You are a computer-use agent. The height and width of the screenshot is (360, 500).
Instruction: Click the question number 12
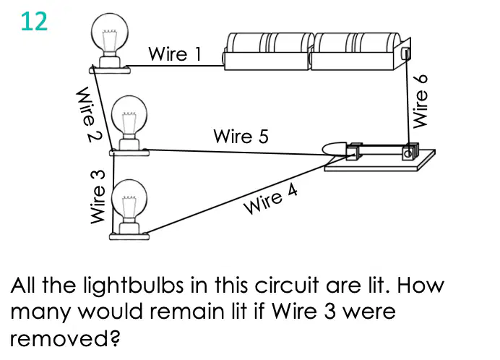(x=34, y=22)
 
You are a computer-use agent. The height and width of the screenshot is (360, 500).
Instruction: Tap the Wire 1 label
(x=175, y=53)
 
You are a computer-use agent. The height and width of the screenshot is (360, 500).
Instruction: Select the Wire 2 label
(x=89, y=114)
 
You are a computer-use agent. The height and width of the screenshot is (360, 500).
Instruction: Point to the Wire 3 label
(x=98, y=197)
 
